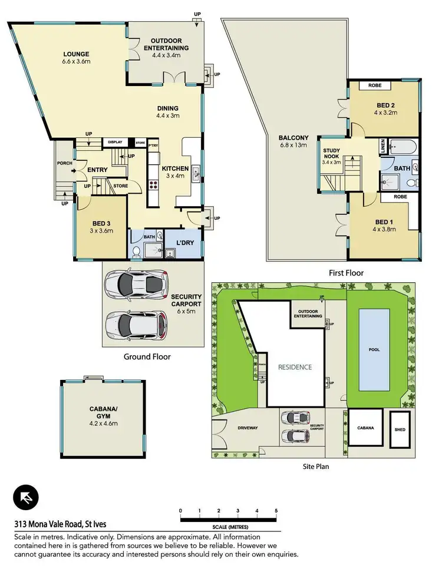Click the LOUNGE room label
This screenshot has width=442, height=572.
coord(75,55)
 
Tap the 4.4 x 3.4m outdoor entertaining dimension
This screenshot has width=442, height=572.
coord(166,55)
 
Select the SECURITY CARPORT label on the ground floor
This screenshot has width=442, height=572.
coord(186,300)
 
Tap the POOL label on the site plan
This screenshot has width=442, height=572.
coord(374,349)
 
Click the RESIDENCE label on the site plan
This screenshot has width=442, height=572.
coord(295,366)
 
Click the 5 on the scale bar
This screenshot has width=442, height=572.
coord(276,510)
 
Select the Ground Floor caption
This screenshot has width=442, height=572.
coord(147,356)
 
